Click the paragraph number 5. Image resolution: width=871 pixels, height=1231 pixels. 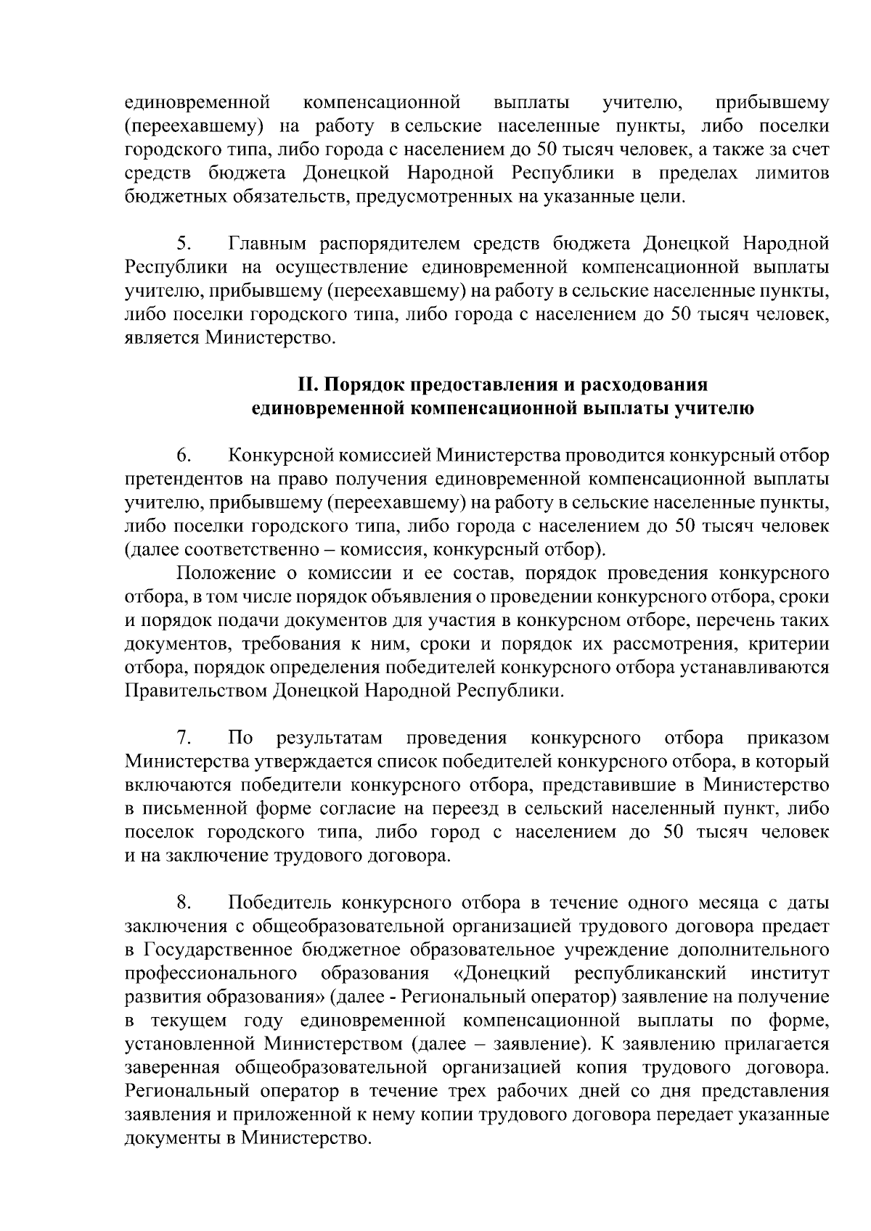click(182, 242)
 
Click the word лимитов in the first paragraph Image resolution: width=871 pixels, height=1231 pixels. click(791, 173)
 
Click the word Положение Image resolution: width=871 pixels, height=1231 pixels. click(226, 574)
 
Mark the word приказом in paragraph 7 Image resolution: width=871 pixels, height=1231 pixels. click(788, 738)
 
